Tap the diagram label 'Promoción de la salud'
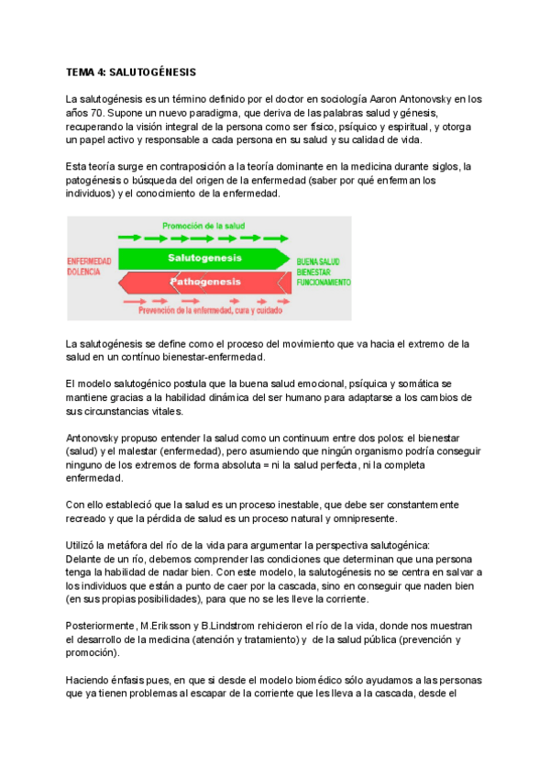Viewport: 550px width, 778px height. [x=203, y=226]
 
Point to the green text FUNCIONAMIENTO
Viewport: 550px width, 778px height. [x=324, y=283]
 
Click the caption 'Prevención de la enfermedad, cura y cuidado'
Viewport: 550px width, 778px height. [x=209, y=311]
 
